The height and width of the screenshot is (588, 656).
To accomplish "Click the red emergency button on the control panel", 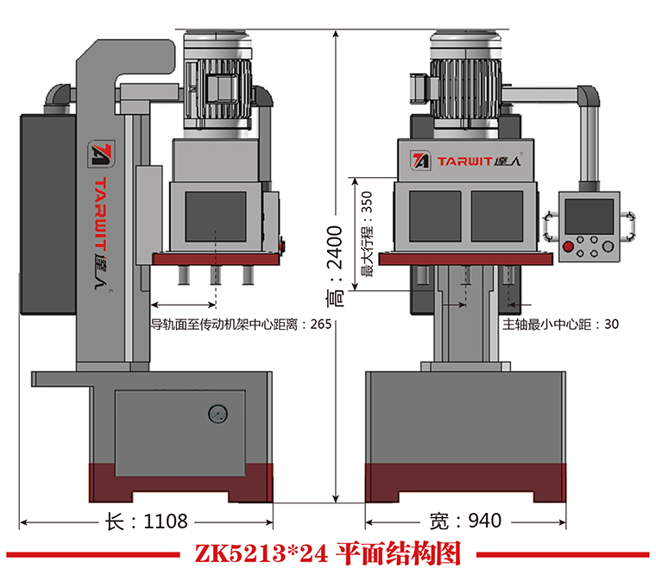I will coord(567,248).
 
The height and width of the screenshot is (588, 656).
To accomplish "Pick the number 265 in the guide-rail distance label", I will coord(320,326).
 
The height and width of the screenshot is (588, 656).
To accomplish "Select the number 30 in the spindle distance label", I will coord(612,326).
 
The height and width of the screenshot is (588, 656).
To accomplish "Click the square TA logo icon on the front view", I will coord(421,161).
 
